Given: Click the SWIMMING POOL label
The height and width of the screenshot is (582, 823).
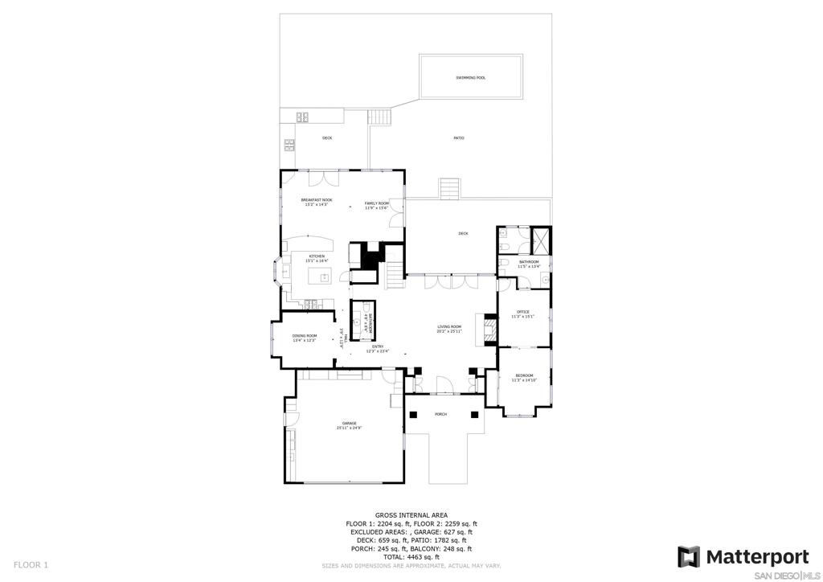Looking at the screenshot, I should click(471, 78).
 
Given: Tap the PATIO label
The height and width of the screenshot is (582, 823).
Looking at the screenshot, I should click(459, 138).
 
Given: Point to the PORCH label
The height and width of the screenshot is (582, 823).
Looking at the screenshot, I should click(440, 415).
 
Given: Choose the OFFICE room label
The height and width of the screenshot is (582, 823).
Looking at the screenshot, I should click(523, 313).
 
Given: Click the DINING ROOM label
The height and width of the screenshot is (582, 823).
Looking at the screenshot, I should click(305, 338).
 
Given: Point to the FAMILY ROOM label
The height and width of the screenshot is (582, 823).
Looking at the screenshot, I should click(376, 205).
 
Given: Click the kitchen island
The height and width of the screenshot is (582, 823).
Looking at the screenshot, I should click(325, 278).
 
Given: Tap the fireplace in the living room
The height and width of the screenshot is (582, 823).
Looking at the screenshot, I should click(485, 329).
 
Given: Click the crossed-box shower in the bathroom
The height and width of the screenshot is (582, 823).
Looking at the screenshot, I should click(542, 240).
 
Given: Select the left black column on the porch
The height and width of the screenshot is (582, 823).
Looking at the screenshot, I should click(414, 415).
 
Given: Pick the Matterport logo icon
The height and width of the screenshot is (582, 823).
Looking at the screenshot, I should click(689, 556).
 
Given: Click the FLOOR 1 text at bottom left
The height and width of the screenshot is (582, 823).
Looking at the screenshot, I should click(31, 565).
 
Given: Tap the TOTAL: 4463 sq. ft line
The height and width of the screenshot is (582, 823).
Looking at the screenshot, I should click(411, 557).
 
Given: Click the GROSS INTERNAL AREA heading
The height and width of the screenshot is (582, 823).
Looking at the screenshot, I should click(411, 515).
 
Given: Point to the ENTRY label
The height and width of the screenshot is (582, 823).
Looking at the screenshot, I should click(378, 349).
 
